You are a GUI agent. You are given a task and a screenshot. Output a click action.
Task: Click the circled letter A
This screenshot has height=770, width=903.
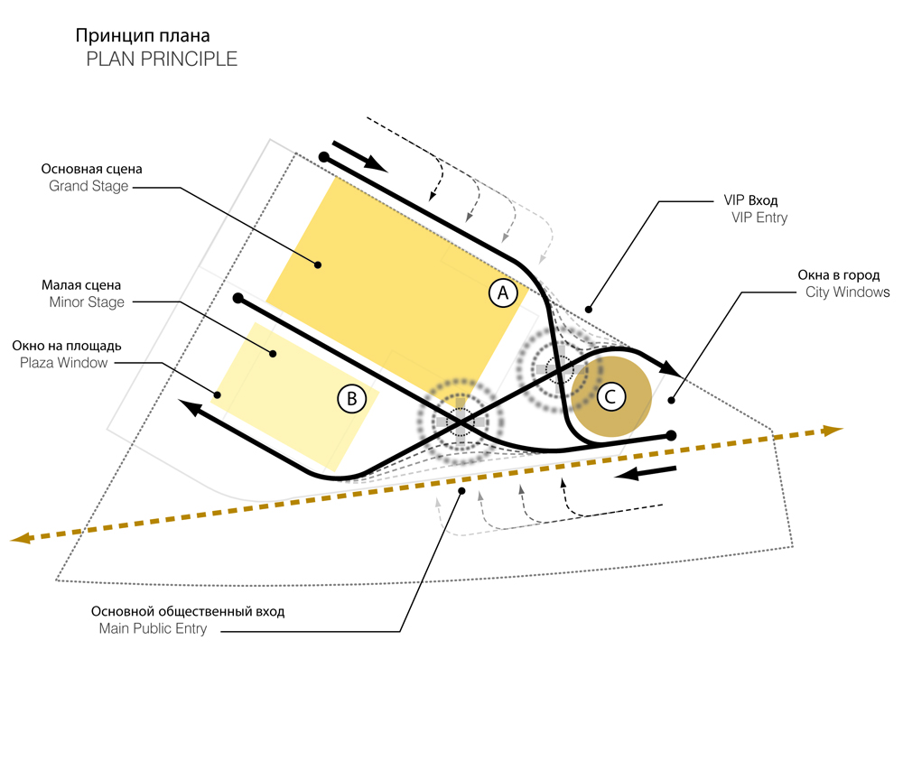pos(503,292)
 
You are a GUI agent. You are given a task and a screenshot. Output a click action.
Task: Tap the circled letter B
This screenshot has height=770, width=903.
pos(352,399)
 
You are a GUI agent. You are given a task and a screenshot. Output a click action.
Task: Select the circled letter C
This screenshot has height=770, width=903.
pos(611,396)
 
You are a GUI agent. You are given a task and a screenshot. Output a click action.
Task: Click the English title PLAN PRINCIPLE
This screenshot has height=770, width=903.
pos(162,60)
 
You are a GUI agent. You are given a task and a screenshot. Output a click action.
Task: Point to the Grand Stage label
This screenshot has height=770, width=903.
pos(88,187)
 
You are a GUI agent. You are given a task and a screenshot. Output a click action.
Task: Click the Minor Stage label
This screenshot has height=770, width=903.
pos(87,302)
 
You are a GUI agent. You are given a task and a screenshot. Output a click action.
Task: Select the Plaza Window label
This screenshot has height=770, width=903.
pos(64,363)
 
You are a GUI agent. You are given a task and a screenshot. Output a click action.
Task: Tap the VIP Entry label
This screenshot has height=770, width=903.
pos(759,218)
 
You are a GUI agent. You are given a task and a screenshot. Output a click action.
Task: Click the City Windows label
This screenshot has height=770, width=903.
pos(848,292)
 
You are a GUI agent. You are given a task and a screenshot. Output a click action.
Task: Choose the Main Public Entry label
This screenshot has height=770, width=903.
pos(154,628)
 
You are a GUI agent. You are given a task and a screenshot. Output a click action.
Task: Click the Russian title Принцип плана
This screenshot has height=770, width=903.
pos(143,36)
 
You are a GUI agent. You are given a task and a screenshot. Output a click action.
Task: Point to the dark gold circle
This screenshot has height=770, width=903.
pos(611,396)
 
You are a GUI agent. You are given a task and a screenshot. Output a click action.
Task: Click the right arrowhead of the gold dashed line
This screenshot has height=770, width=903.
pos(833,430)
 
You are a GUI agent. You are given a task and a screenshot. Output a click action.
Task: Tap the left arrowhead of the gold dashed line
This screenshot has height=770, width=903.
pos(21,538)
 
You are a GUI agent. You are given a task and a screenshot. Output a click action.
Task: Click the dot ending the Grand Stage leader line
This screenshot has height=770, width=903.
pos(318,264)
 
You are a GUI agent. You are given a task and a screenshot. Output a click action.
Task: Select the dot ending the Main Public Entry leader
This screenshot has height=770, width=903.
pos(461,491)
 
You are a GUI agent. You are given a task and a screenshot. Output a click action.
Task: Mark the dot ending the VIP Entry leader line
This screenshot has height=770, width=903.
pos(589,310)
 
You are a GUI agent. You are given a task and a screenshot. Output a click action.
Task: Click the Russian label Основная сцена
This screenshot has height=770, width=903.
pos(91,169)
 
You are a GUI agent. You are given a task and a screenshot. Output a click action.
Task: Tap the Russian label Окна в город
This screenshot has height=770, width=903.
pos(839,275)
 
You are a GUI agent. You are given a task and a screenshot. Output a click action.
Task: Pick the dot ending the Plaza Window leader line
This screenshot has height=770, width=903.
pos(218,394)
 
